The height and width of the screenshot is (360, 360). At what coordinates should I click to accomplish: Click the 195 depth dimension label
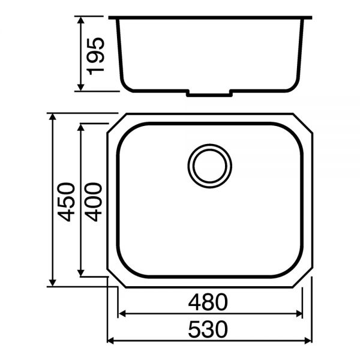pos(96,55)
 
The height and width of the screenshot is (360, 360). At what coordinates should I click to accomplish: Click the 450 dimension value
pos(67,202)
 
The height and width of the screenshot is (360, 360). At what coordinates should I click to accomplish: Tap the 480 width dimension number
pos(209,302)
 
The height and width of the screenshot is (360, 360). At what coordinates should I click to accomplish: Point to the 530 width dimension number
pos(209,329)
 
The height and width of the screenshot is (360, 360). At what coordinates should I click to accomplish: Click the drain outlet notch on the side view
pos(209,94)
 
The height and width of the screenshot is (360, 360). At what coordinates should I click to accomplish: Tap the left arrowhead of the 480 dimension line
pos(121,313)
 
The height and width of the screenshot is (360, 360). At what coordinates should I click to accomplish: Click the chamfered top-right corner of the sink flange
pos(304,122)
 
